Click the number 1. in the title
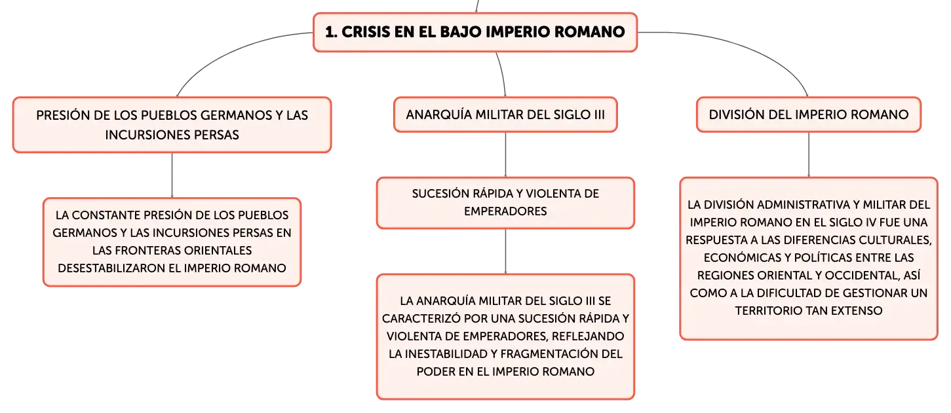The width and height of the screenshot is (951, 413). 332,32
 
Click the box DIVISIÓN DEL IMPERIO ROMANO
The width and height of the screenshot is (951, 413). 808,115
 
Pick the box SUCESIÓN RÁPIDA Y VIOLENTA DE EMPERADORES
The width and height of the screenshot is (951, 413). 505,203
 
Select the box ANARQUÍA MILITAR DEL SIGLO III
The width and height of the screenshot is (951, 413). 505,115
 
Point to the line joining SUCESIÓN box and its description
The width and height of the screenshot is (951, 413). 505,251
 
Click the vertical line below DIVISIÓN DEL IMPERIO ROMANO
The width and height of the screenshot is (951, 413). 808,154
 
